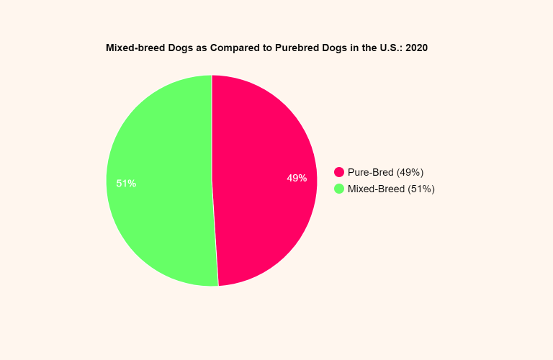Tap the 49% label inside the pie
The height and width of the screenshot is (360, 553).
(297, 178)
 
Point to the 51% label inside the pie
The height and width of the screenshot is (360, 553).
(126, 184)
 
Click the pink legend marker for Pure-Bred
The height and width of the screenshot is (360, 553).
(339, 172)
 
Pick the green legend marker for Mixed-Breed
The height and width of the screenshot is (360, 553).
(339, 189)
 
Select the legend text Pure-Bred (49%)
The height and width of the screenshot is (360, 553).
(385, 172)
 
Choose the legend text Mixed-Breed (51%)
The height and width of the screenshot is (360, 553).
(391, 189)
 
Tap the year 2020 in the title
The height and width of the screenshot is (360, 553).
(417, 48)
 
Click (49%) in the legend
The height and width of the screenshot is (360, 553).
(410, 172)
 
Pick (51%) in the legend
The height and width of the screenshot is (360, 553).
(421, 189)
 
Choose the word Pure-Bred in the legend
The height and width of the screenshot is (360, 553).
(371, 172)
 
